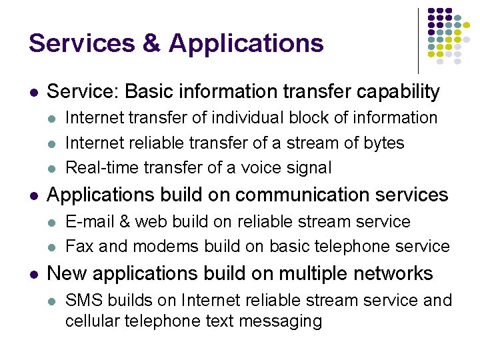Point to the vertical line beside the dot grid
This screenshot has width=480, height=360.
419,41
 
